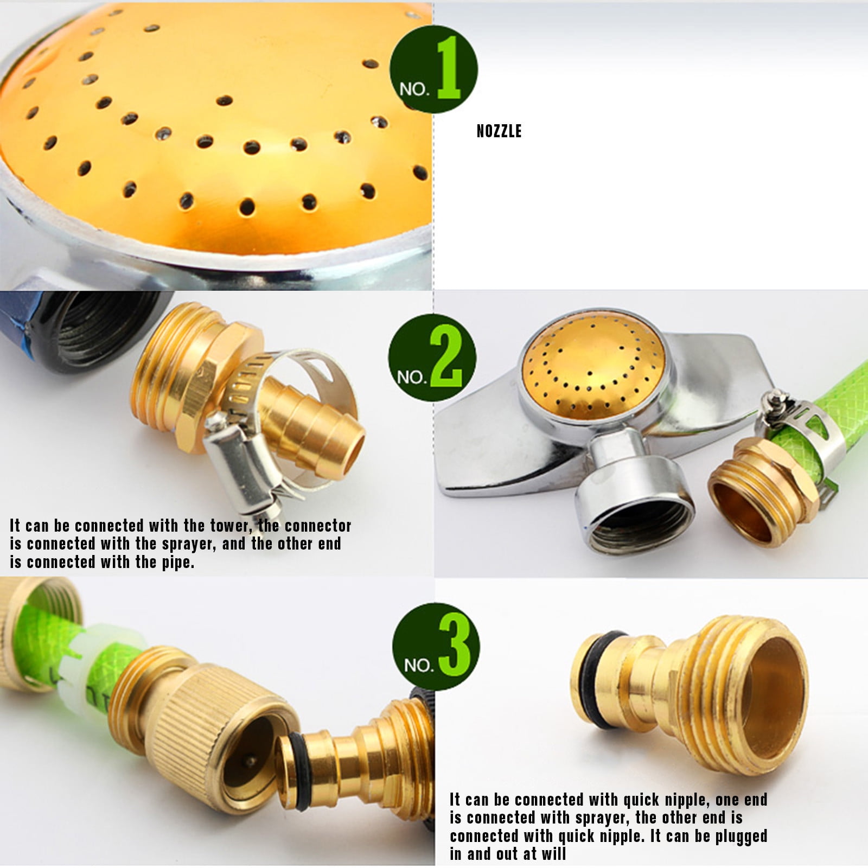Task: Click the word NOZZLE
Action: coord(499,131)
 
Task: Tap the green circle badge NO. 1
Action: coord(433,69)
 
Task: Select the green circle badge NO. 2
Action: coord(432,358)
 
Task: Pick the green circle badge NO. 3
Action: coord(436,647)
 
